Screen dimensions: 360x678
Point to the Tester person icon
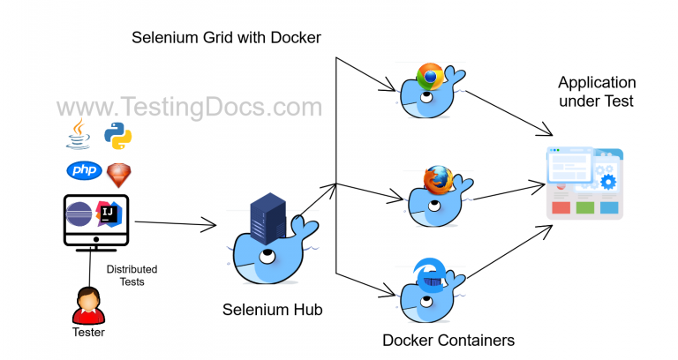click(x=87, y=304)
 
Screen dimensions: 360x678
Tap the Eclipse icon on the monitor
click(x=81, y=214)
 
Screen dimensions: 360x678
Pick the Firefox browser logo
click(x=436, y=179)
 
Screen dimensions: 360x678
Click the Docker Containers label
click(x=448, y=340)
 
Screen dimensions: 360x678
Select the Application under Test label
click(x=597, y=92)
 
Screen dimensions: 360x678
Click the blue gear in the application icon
click(x=607, y=183)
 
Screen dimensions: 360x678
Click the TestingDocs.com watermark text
click(x=190, y=107)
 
